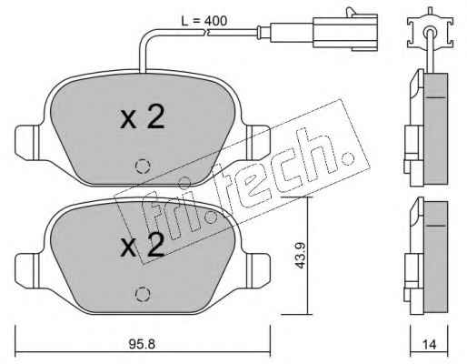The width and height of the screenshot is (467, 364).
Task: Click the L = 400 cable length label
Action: (x=204, y=21)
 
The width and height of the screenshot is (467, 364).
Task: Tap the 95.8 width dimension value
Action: (x=142, y=344)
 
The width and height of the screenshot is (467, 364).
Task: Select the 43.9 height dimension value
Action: (x=300, y=256)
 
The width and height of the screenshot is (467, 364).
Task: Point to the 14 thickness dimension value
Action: (x=429, y=345)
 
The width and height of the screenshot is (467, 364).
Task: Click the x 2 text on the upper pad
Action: (x=143, y=116)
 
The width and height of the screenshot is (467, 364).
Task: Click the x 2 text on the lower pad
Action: (x=143, y=246)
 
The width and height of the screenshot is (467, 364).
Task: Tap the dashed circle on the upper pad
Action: (x=143, y=167)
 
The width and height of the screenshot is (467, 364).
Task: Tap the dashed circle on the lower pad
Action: (x=143, y=294)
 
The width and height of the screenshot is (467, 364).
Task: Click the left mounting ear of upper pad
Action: (x=27, y=143)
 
